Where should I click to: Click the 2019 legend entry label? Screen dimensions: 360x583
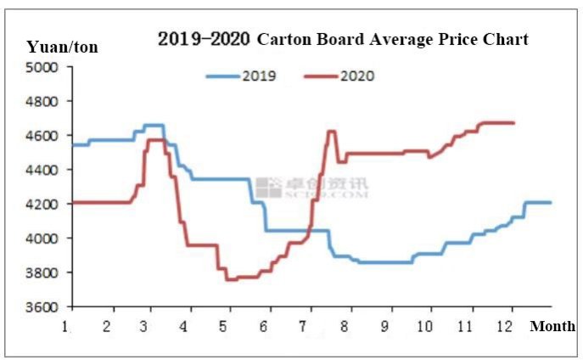click(x=260, y=76)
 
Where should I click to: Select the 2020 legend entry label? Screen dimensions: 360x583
click(x=356, y=76)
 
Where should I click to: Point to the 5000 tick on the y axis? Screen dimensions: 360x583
click(x=43, y=67)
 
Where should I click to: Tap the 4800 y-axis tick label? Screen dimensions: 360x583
click(x=43, y=102)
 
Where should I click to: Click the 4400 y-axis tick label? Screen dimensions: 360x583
click(x=43, y=170)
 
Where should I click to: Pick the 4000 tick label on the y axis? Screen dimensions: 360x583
click(x=43, y=239)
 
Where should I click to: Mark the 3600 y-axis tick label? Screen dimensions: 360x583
click(x=43, y=307)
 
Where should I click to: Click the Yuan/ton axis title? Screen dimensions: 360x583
click(x=62, y=47)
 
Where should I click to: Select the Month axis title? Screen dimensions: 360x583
click(x=552, y=326)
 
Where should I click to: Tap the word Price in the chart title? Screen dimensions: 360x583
click(x=464, y=39)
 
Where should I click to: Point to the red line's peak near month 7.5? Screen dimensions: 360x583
click(x=331, y=131)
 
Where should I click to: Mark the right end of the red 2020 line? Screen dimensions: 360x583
click(x=514, y=123)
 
